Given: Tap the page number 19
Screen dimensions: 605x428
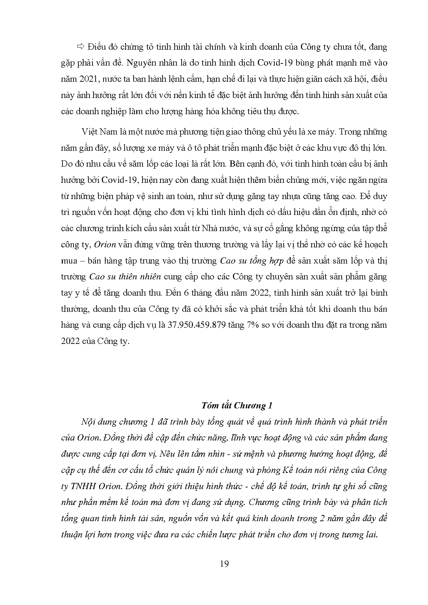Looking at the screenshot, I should [224, 564].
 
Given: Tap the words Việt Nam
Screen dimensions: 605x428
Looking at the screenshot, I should [96, 132].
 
